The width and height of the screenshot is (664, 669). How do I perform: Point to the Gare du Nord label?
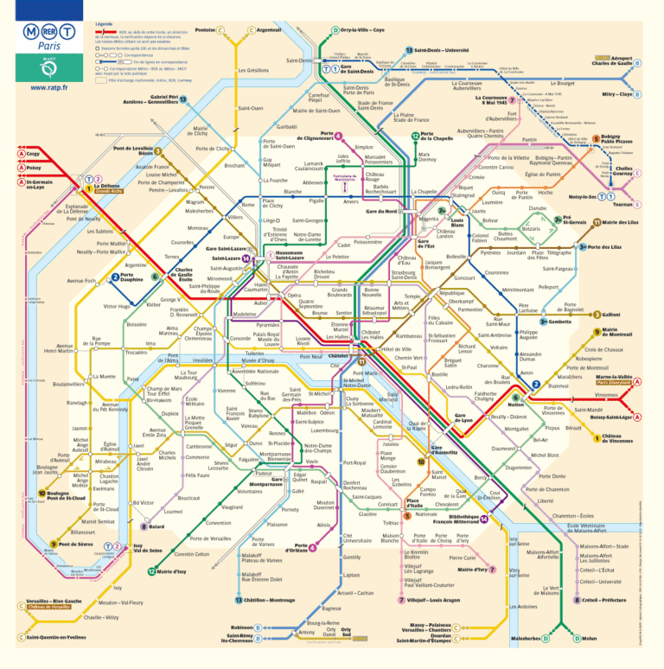(381, 211)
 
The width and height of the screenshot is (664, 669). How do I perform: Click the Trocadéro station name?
(136, 352)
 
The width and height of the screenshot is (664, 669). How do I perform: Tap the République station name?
(452, 293)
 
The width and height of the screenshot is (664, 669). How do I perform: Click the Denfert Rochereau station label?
(356, 486)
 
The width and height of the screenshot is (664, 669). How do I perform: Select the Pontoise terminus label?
(205, 30)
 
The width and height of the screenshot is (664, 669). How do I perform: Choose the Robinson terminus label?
(241, 628)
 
